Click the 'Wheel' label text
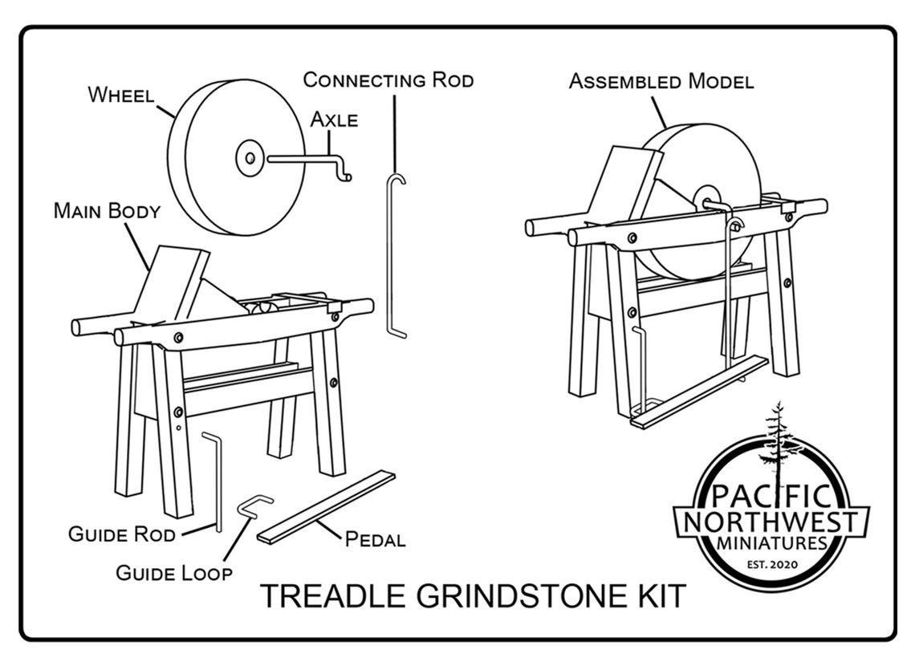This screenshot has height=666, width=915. point(120,94)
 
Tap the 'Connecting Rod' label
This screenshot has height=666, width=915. point(388,79)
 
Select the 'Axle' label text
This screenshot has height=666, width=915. point(334,120)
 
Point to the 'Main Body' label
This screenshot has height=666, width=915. point(107,211)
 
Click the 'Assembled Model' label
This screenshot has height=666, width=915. point(661,81)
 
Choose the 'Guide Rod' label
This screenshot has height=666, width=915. point(121,534)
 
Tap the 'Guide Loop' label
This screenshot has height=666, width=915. point(174,572)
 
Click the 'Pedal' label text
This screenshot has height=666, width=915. point(375,538)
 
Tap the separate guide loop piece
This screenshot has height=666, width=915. point(254,505)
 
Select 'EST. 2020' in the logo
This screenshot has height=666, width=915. point(771,565)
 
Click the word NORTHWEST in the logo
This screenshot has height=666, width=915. point(772,522)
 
